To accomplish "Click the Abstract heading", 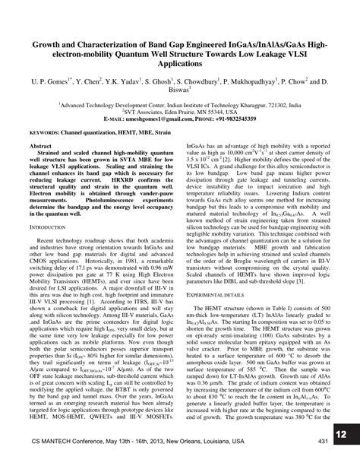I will pyautogui.click(x=40, y=144).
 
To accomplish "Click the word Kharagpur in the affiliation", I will pyautogui.click(x=255, y=102).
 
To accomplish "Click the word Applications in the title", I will pyautogui.click(x=180, y=65).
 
